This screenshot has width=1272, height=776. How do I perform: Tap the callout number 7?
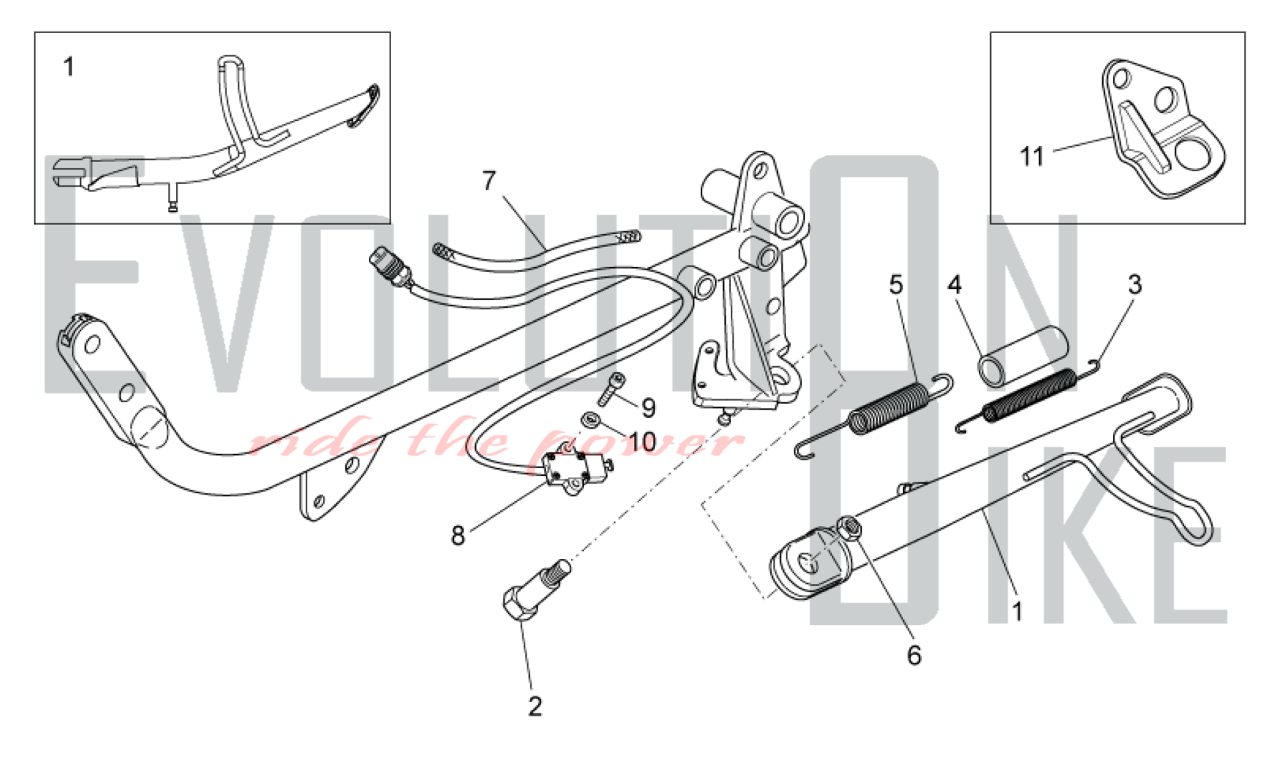click(488, 181)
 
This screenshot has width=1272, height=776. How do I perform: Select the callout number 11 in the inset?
click(1032, 156)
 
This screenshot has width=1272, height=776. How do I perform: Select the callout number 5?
click(896, 284)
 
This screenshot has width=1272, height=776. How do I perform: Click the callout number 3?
click(1135, 284)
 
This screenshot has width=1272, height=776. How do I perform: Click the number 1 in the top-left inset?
click(69, 67)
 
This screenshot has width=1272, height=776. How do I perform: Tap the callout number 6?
click(914, 655)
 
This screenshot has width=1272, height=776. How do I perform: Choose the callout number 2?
click(535, 706)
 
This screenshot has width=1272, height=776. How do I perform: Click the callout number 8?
click(458, 536)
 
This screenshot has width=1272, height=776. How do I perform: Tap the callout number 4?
click(955, 284)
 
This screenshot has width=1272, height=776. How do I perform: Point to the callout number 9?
click(648, 408)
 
